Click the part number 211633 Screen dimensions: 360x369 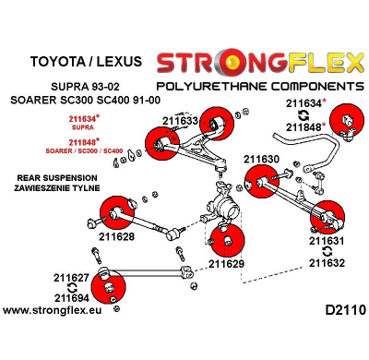[x=181, y=120]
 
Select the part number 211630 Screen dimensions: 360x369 [x=262, y=159]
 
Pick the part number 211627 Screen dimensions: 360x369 [x=71, y=277]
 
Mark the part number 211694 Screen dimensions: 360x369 [x=71, y=298]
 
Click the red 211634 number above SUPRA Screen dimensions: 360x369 [x=85, y=119]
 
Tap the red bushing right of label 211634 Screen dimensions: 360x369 [x=349, y=116]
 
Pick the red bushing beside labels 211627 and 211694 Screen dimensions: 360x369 [x=115, y=285]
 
